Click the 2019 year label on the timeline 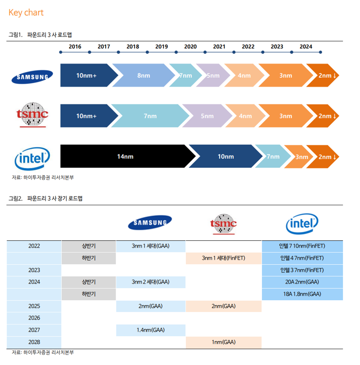click(x=162, y=47)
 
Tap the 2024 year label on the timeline click(x=306, y=47)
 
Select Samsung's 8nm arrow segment click(x=143, y=76)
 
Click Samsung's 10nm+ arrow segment click(x=86, y=76)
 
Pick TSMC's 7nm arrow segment click(x=150, y=116)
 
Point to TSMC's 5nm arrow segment click(x=207, y=116)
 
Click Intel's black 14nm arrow click(x=125, y=157)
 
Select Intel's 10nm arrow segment click(x=225, y=157)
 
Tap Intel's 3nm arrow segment click(x=301, y=157)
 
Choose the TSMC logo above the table click(x=223, y=224)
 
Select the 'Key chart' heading click(x=26, y=13)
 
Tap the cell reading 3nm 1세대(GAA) click(x=151, y=246)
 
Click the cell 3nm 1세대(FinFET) click(x=223, y=258)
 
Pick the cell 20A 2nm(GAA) click(x=302, y=282)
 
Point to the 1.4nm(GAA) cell click(x=151, y=330)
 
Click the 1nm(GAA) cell click(x=223, y=342)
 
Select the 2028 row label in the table click(x=34, y=342)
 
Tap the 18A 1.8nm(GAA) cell click(x=302, y=294)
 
